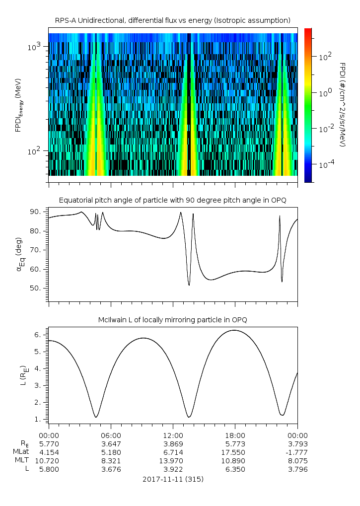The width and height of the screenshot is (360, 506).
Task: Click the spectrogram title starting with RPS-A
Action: tap(172, 20)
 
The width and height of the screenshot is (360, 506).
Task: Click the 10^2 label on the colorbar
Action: tap(325, 57)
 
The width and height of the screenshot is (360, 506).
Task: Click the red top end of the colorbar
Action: tap(308, 31)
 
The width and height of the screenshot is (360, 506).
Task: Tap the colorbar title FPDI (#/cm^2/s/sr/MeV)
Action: tap(342, 104)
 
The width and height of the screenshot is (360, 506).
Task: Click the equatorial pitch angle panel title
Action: tap(172, 200)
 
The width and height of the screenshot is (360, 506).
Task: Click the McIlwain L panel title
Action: tap(172, 320)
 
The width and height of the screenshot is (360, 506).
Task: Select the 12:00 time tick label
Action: tap(173, 435)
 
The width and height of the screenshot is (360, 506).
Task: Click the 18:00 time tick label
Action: tap(235, 435)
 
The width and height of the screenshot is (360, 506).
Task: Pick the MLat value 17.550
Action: tap(235, 452)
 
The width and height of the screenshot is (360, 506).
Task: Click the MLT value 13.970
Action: tap(173, 460)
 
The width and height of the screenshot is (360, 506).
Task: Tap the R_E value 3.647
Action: tap(111, 443)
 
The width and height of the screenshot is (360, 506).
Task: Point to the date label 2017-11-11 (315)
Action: tap(172, 479)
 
